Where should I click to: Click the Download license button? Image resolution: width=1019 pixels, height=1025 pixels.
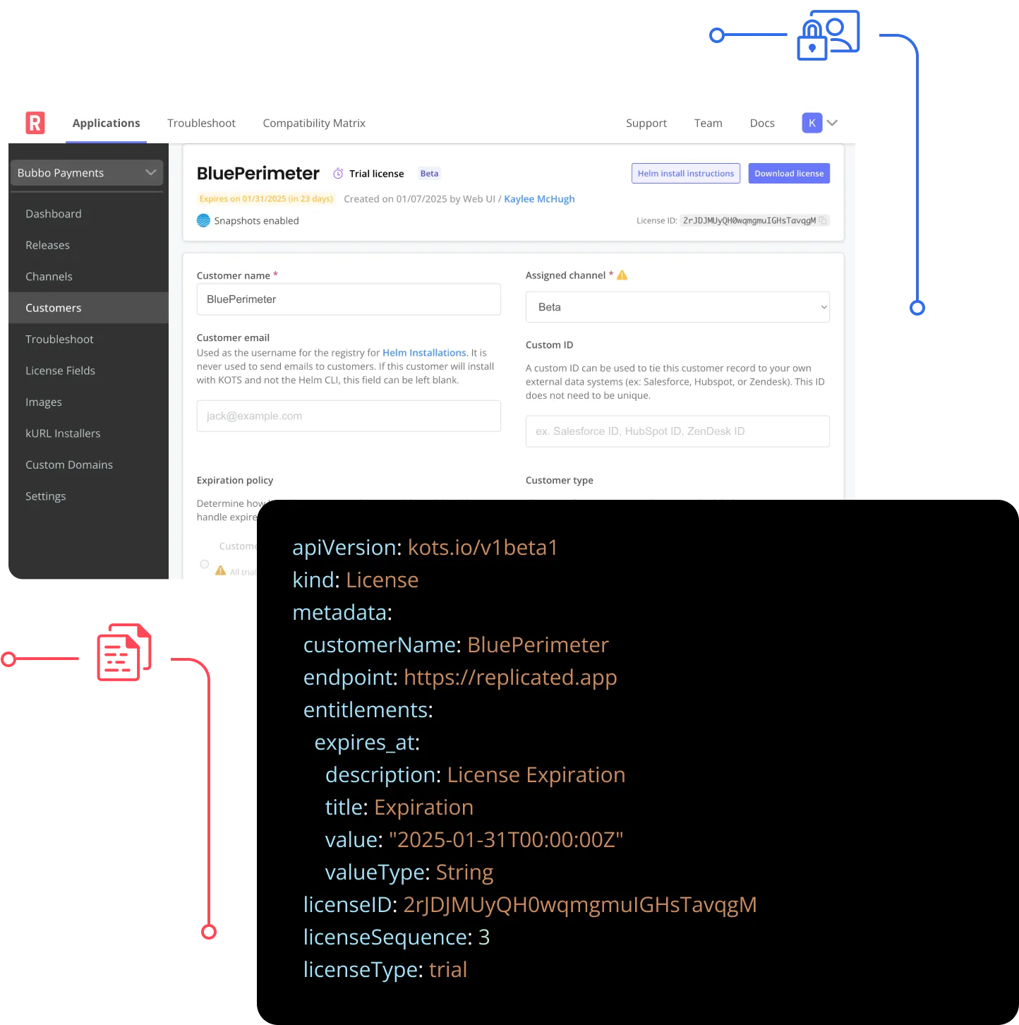tap(788, 174)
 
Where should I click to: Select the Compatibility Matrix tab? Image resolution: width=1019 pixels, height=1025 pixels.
tap(314, 123)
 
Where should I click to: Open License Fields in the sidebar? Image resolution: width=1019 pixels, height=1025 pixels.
tap(60, 371)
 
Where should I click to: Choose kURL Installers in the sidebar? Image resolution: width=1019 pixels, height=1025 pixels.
tap(63, 433)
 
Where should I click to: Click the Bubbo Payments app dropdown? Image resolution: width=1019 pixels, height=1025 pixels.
tap(87, 173)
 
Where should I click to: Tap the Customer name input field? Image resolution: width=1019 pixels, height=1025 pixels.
tap(349, 299)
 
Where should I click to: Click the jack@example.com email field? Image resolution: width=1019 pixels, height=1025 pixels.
tap(349, 416)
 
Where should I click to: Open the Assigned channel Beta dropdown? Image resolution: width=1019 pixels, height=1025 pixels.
tap(677, 307)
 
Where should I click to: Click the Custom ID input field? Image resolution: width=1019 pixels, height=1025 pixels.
tap(677, 431)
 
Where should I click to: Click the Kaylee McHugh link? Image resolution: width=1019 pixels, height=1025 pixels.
tap(539, 199)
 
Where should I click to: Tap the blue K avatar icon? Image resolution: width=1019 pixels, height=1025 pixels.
tap(812, 123)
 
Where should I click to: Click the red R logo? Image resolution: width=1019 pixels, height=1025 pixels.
tap(35, 123)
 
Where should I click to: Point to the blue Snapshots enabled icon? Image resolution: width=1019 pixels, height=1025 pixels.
tap(203, 221)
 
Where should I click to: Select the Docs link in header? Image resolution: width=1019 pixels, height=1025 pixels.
tap(762, 123)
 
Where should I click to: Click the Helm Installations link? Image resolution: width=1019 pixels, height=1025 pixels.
tap(424, 353)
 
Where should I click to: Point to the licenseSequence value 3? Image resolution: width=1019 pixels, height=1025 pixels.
tap(484, 937)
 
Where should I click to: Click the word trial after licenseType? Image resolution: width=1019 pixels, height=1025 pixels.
tap(448, 970)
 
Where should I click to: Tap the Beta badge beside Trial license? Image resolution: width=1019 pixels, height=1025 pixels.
tap(429, 174)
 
